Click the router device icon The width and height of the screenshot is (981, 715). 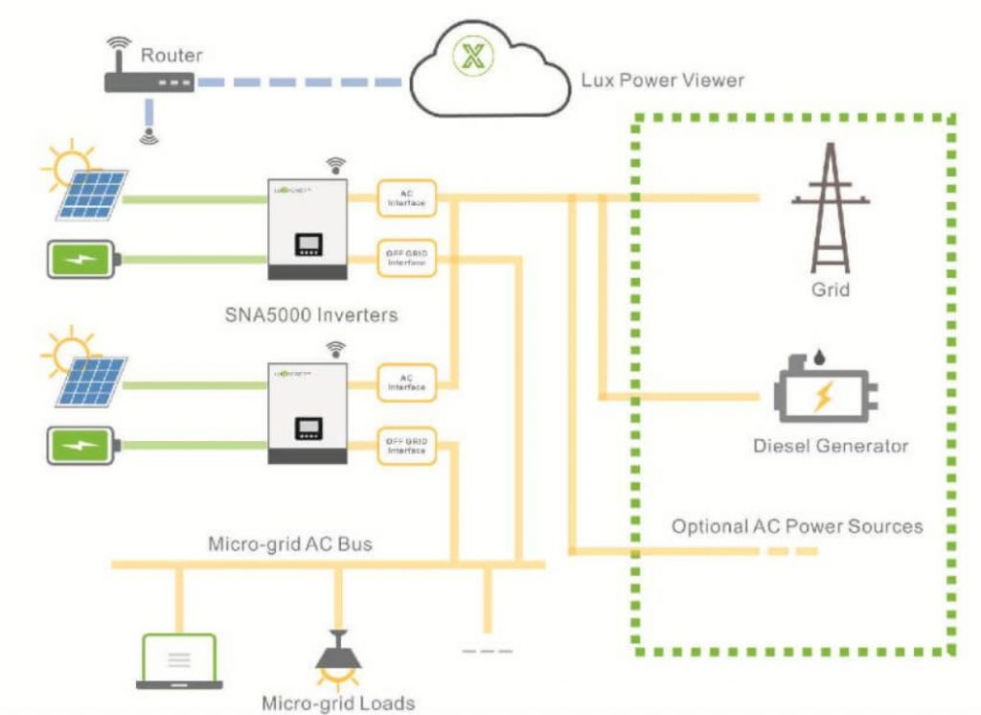point(148,83)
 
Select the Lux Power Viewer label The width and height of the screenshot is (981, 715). point(662,80)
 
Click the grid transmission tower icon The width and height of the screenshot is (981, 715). point(830,211)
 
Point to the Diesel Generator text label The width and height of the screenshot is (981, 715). point(830,446)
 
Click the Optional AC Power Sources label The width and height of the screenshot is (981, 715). point(797,526)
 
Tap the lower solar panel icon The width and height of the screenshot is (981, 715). point(88,381)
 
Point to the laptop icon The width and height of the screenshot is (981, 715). point(178,662)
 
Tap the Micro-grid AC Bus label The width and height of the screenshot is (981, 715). point(290,543)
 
